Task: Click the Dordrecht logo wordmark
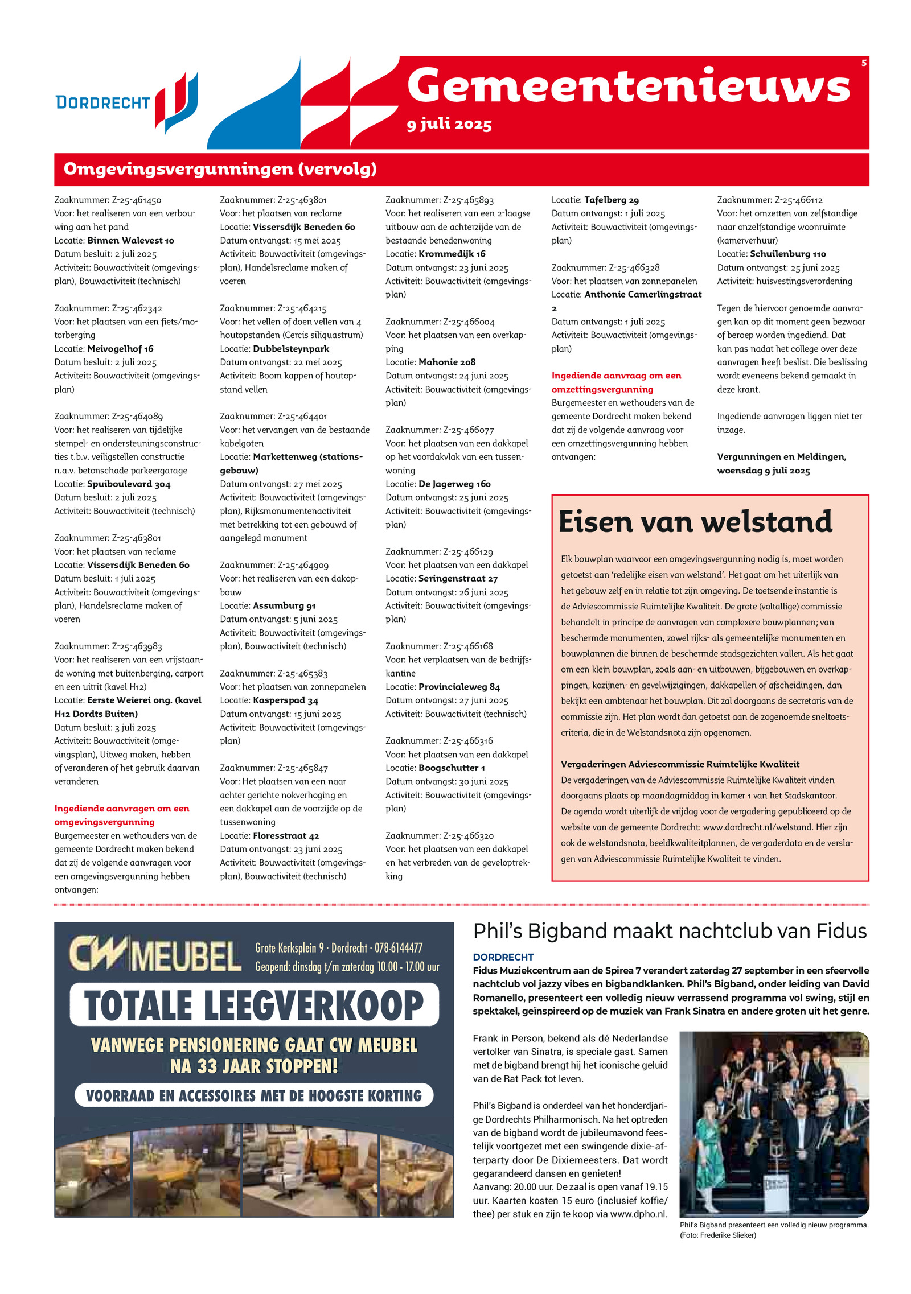click(x=102, y=102)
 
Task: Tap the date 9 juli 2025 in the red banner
click(x=449, y=124)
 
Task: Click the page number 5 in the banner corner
click(x=864, y=63)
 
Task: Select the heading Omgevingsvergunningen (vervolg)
click(x=220, y=169)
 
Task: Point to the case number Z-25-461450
click(x=136, y=200)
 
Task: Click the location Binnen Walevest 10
click(x=130, y=240)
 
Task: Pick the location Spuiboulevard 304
click(x=129, y=484)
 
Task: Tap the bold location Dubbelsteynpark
click(x=291, y=348)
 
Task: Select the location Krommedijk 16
click(x=452, y=254)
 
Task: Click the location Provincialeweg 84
click(x=459, y=687)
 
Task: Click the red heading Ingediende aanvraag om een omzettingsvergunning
click(x=616, y=382)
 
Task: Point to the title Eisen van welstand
click(x=695, y=521)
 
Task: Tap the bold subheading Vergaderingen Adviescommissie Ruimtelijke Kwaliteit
click(x=680, y=764)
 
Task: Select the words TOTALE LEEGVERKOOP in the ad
click(x=254, y=1005)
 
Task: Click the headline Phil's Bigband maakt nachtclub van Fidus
click(x=670, y=932)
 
